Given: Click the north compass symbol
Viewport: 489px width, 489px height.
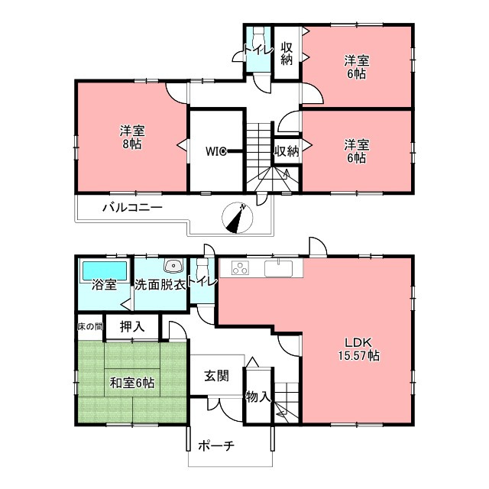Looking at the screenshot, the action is click(237, 218).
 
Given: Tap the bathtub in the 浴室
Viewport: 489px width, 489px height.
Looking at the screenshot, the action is click(105, 271).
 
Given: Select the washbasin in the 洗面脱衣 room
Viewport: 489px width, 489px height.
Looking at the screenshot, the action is click(173, 266).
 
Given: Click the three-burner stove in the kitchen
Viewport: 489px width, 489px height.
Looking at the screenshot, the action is click(241, 268).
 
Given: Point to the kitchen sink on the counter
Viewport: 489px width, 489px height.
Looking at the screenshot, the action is click(278, 268).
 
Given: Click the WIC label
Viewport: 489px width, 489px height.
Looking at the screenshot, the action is click(215, 151).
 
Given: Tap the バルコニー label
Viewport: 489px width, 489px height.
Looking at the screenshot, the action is click(132, 207).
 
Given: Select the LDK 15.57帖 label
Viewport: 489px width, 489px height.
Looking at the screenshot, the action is click(359, 349).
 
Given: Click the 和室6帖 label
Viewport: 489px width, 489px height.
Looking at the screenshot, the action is click(132, 383).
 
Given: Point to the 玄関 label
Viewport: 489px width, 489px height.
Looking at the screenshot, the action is click(216, 376).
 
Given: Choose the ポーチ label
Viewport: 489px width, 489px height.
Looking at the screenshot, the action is click(215, 445).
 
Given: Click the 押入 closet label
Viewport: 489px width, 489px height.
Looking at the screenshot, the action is click(132, 326).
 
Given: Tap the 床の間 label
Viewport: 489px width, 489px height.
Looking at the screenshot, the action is click(90, 326).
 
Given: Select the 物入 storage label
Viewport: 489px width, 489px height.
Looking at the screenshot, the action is click(257, 397).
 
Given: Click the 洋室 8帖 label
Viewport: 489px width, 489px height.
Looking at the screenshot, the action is click(132, 138).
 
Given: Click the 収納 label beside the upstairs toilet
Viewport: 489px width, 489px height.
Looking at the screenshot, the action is click(287, 53).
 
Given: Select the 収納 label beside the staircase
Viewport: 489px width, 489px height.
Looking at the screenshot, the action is click(287, 151).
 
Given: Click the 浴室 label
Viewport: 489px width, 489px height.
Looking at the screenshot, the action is click(104, 285).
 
